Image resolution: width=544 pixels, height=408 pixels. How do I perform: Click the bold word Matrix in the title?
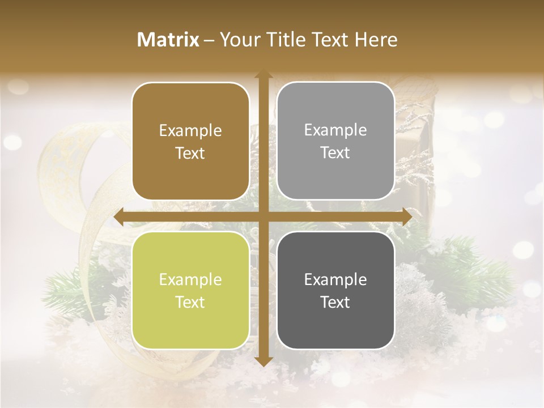[168, 40]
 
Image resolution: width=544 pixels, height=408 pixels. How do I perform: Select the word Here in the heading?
[376, 40]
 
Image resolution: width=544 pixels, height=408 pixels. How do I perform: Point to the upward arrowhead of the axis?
[263, 74]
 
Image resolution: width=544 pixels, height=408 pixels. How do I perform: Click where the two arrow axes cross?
[263, 217]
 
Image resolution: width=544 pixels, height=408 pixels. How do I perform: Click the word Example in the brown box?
[190, 131]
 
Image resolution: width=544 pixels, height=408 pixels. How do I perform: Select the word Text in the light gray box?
[335, 153]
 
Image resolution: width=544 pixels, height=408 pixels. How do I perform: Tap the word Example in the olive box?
[190, 280]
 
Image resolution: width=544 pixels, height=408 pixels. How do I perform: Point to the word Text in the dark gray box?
[335, 302]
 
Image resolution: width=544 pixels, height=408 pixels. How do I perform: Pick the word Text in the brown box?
[190, 153]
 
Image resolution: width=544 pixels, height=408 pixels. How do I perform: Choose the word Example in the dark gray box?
[335, 280]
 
